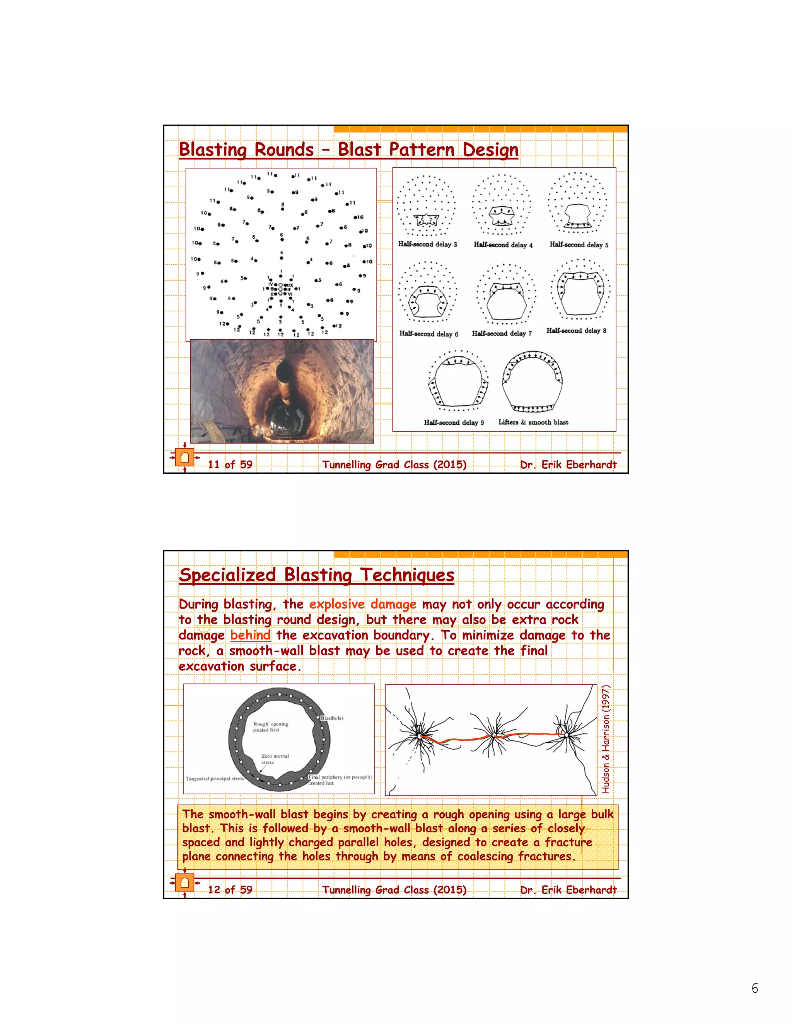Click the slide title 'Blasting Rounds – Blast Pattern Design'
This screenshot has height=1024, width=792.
348,150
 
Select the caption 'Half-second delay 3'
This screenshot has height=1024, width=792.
427,244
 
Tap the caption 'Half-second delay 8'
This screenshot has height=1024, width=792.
576,330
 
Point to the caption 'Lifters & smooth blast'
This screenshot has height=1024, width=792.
533,422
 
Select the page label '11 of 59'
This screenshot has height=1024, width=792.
230,464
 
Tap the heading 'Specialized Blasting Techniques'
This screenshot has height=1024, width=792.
316,575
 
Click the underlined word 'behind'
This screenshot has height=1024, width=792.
250,635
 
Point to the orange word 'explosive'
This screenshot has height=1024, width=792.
336,604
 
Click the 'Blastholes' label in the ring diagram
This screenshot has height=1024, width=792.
332,718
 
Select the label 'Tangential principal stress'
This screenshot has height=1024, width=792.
214,779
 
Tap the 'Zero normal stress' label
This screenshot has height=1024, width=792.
275,759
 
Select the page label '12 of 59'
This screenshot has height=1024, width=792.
230,890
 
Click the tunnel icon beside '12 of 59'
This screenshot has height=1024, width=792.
184,883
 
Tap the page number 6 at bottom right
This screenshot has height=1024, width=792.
754,988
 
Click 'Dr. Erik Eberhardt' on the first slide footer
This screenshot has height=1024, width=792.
568,464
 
